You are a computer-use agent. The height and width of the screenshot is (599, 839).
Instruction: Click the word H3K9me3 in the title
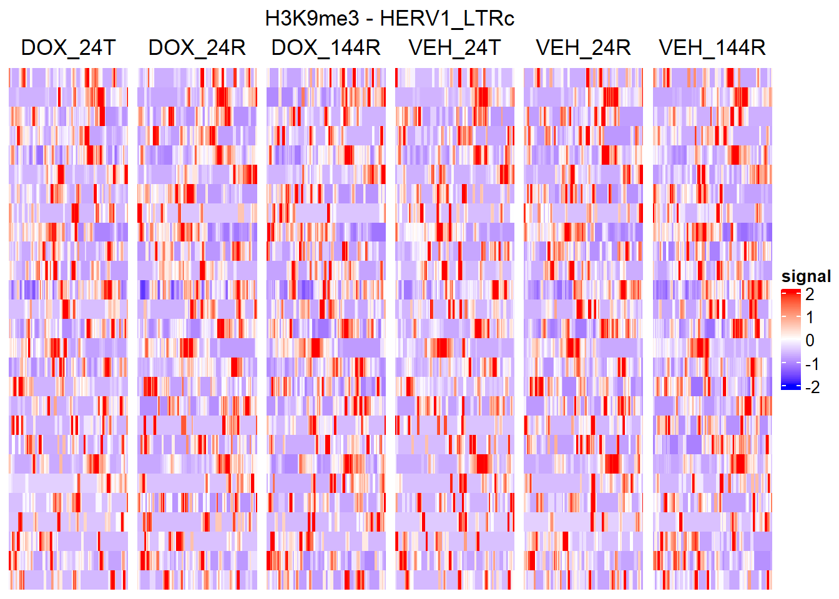pos(312,19)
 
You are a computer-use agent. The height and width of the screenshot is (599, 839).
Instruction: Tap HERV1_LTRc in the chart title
pos(447,19)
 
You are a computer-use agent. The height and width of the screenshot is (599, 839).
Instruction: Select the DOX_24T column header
pos(68,48)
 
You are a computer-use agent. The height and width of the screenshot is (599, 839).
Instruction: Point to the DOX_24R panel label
pos(197,48)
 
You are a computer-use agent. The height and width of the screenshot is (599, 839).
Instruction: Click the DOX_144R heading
pos(326,48)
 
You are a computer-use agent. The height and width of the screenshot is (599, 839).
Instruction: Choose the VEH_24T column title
pos(454,48)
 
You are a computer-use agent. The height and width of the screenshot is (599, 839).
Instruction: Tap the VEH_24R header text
pos(583,48)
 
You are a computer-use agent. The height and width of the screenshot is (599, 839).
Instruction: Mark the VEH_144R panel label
pos(712,48)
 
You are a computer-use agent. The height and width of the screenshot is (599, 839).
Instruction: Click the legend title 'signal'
pos(806,276)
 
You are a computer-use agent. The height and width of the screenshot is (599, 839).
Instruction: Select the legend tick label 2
pos(810,295)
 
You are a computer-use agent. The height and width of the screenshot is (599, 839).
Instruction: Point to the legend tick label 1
pos(810,318)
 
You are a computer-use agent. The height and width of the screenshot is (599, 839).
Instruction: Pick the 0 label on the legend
pos(810,341)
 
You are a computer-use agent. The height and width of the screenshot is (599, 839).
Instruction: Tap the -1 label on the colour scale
pos(812,364)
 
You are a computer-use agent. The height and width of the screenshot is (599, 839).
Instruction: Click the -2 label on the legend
pos(812,387)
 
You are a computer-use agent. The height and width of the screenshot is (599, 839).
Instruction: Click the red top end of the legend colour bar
pos(790,292)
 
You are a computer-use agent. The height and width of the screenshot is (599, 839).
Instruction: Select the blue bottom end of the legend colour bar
pos(790,387)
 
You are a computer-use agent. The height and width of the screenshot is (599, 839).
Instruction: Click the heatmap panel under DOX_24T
pos(68,329)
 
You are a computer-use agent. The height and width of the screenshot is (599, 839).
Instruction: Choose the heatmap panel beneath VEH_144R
pos(712,329)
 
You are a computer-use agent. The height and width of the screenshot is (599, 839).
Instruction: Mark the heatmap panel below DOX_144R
pos(326,329)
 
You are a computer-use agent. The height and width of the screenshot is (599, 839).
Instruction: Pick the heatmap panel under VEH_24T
pos(454,329)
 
